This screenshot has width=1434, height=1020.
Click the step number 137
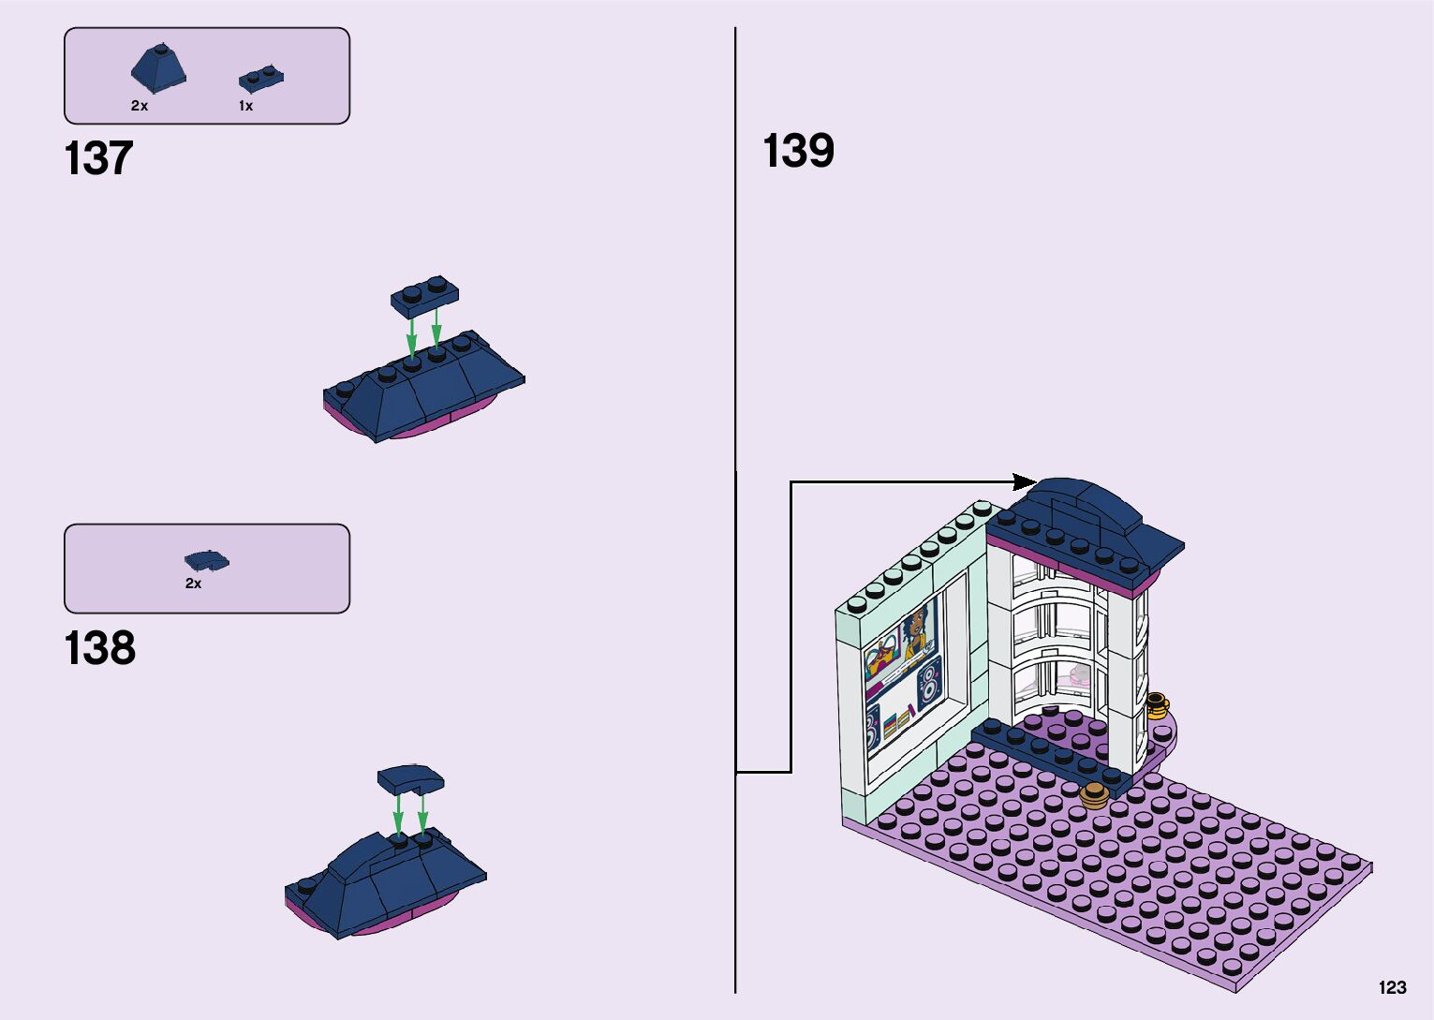click(x=98, y=158)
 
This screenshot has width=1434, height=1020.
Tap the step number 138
click(x=99, y=648)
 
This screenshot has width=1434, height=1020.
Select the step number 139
click(x=798, y=151)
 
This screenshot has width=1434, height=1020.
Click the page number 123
click(x=1392, y=987)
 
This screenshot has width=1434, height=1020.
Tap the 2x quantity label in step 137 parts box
click(x=140, y=106)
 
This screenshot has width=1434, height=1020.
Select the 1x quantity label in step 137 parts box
click(x=245, y=106)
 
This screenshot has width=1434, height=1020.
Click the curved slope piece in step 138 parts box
click(x=206, y=560)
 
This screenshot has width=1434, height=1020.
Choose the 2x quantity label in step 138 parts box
click(x=193, y=584)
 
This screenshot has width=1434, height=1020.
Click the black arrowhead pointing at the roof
click(x=1025, y=482)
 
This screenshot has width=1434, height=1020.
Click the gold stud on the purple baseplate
click(x=1094, y=796)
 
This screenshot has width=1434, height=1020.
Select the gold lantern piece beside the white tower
click(x=1157, y=704)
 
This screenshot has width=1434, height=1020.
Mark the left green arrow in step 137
click(x=411, y=336)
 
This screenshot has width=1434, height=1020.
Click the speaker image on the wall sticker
click(x=928, y=682)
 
